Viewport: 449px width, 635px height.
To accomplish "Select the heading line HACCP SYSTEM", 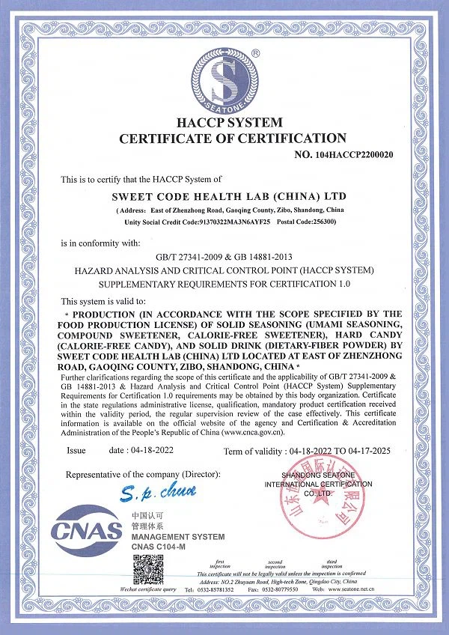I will (x=230, y=122).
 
